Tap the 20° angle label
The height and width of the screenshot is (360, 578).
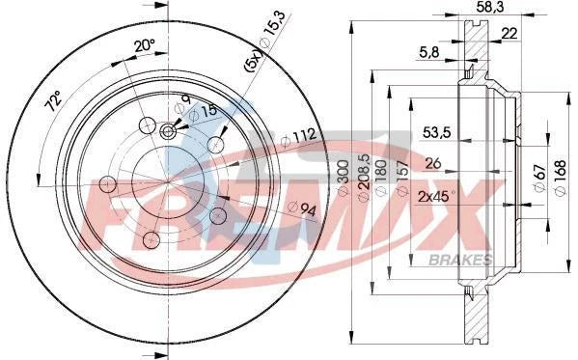[x=143, y=45]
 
